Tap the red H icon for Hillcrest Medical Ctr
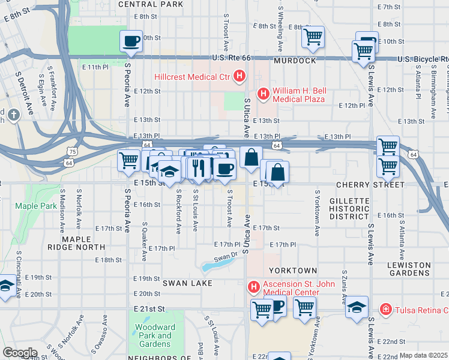[240, 76]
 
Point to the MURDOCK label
[295, 61]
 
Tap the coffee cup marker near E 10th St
[131, 41]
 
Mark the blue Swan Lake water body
[215, 265]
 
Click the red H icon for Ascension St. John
[253, 287]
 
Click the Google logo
[20, 353]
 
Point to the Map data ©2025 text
[423, 355]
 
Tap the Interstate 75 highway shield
[71, 153]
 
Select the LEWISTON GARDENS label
[409, 269]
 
